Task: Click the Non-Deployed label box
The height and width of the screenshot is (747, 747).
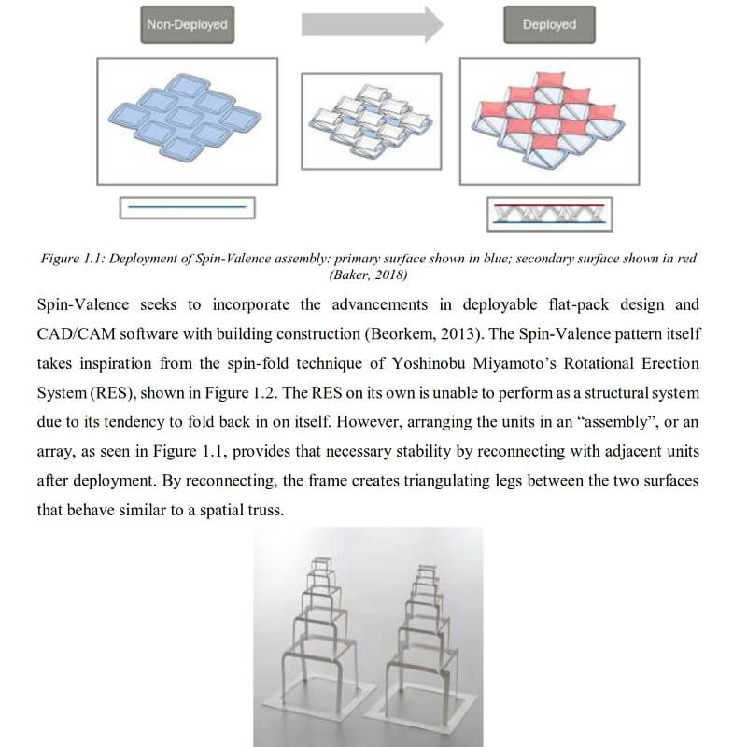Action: click(188, 25)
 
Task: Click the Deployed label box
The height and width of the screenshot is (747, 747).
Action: click(549, 25)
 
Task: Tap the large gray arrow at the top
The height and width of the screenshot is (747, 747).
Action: click(372, 25)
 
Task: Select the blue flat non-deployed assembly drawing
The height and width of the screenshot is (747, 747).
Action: click(185, 116)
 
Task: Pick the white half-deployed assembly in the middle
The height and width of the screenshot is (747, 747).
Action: click(371, 120)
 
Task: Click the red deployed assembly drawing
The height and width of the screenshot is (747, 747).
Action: click(548, 120)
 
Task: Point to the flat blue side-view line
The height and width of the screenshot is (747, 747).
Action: click(187, 207)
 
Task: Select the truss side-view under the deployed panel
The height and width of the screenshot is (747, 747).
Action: click(549, 214)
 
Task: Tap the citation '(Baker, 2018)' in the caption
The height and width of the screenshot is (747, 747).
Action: click(368, 275)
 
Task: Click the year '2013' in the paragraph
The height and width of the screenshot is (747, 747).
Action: click(459, 333)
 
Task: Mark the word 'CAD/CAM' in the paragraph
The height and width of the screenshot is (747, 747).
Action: click(77, 333)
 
